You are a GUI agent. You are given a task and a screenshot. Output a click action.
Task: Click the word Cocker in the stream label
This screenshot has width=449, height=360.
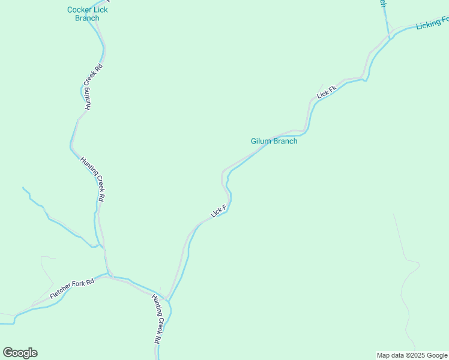[x=79, y=10]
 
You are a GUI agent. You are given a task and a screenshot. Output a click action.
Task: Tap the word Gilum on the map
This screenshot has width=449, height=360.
[x=261, y=142]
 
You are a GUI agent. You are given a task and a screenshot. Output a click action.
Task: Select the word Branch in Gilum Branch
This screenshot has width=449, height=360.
[x=285, y=142]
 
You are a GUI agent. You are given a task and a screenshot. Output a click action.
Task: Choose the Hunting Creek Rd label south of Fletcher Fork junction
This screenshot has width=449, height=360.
[x=157, y=319]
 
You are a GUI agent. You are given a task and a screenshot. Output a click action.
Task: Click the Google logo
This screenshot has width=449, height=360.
[x=20, y=353]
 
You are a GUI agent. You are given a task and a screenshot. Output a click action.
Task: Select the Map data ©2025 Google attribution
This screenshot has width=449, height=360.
[x=412, y=355]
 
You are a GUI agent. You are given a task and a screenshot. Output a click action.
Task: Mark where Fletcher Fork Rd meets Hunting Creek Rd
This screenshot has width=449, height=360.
[x=109, y=275]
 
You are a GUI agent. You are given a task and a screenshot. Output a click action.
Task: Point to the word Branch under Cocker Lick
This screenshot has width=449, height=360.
[x=87, y=18]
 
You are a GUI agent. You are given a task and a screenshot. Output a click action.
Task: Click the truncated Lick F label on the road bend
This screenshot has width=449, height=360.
[x=218, y=211]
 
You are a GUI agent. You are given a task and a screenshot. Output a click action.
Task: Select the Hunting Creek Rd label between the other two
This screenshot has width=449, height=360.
[x=94, y=179]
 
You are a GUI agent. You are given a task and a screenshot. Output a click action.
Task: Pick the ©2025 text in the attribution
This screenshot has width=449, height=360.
[x=413, y=355]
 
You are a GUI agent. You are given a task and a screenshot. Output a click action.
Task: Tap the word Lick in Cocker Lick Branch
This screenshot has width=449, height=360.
[x=100, y=10]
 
